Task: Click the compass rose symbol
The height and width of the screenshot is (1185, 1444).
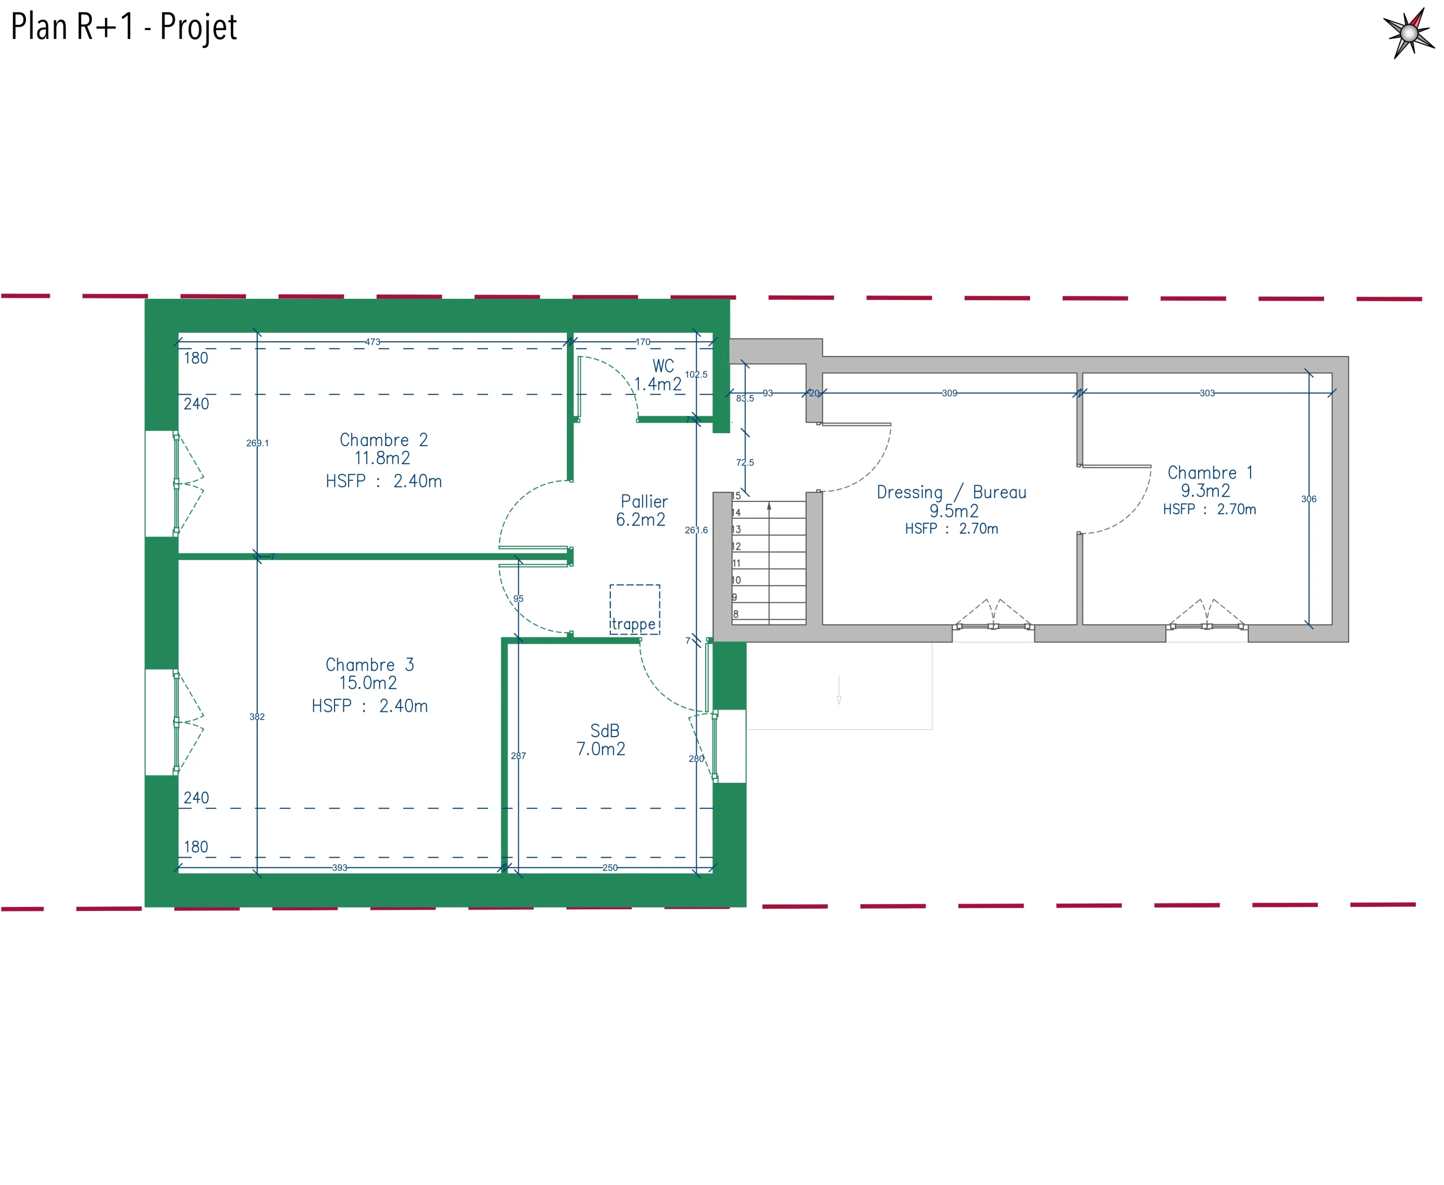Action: (1408, 33)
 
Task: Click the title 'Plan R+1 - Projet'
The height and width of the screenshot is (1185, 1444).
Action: (124, 27)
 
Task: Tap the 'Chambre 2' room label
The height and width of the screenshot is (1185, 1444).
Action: (384, 439)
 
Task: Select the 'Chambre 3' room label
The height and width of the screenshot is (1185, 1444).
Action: (369, 664)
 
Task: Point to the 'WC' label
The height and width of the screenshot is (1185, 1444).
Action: (663, 366)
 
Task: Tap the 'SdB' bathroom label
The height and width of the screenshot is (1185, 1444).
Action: (604, 730)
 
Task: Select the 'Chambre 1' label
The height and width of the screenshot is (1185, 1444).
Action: (1210, 472)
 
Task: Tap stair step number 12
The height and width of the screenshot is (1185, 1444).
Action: (736, 546)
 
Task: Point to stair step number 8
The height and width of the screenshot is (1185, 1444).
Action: (736, 614)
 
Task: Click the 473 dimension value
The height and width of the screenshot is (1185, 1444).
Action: (372, 342)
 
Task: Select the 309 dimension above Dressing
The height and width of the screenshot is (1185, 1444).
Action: (949, 393)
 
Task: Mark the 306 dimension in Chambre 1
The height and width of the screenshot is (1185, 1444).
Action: (1308, 499)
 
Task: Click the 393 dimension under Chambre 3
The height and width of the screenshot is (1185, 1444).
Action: (340, 867)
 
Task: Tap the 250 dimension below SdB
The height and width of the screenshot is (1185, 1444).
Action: (610, 867)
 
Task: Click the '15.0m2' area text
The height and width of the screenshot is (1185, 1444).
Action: (368, 682)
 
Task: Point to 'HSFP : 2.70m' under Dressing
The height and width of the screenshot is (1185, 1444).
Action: (951, 528)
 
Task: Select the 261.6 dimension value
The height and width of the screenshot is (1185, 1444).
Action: (695, 530)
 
